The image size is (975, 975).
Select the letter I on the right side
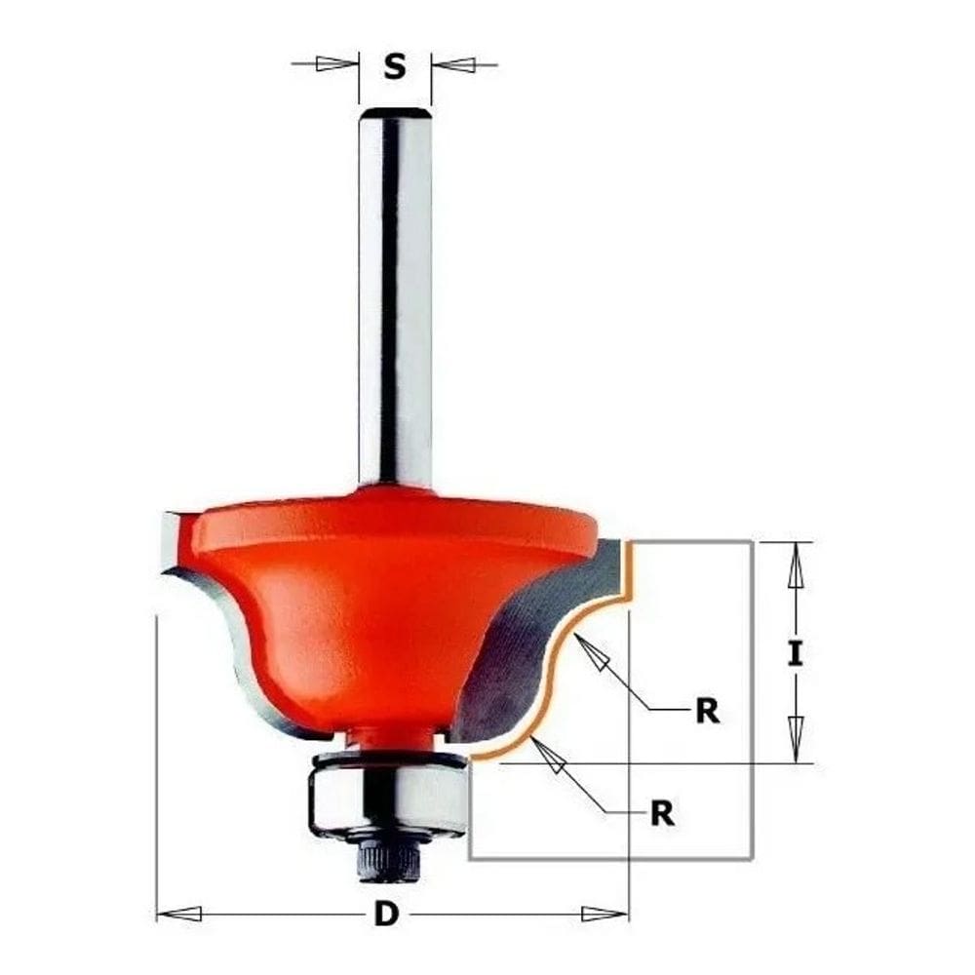coord(796,653)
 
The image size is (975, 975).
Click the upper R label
coord(707,712)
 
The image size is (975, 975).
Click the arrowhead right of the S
coord(452,65)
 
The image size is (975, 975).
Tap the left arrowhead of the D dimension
coord(180,915)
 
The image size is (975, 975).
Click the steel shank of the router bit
coord(395,292)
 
